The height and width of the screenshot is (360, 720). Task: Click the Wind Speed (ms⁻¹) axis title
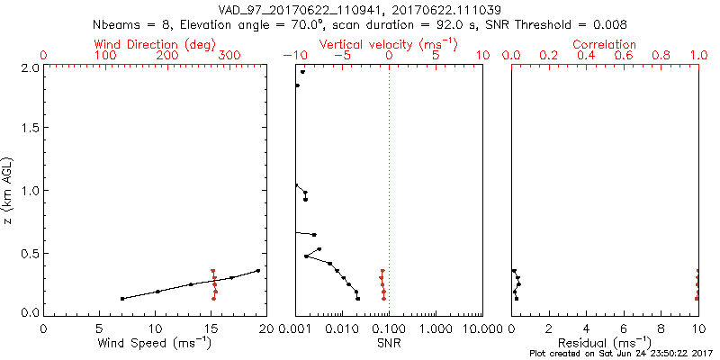pos(155,343)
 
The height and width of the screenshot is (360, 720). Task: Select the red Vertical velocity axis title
pos(388,44)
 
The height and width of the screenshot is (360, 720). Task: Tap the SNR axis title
pos(389,343)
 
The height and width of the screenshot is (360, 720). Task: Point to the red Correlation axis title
pos(605,44)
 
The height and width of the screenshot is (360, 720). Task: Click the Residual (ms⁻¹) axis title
pos(605,343)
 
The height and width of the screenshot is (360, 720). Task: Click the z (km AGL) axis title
pos(10,189)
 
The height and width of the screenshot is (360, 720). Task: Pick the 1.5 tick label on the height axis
pos(31,128)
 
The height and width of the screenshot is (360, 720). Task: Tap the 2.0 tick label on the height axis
pos(31,67)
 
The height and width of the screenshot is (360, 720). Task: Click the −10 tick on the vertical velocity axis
pos(293,56)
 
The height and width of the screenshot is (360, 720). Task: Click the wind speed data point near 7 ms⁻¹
pos(122,298)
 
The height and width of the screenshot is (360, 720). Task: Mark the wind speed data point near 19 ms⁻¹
pos(257,270)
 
